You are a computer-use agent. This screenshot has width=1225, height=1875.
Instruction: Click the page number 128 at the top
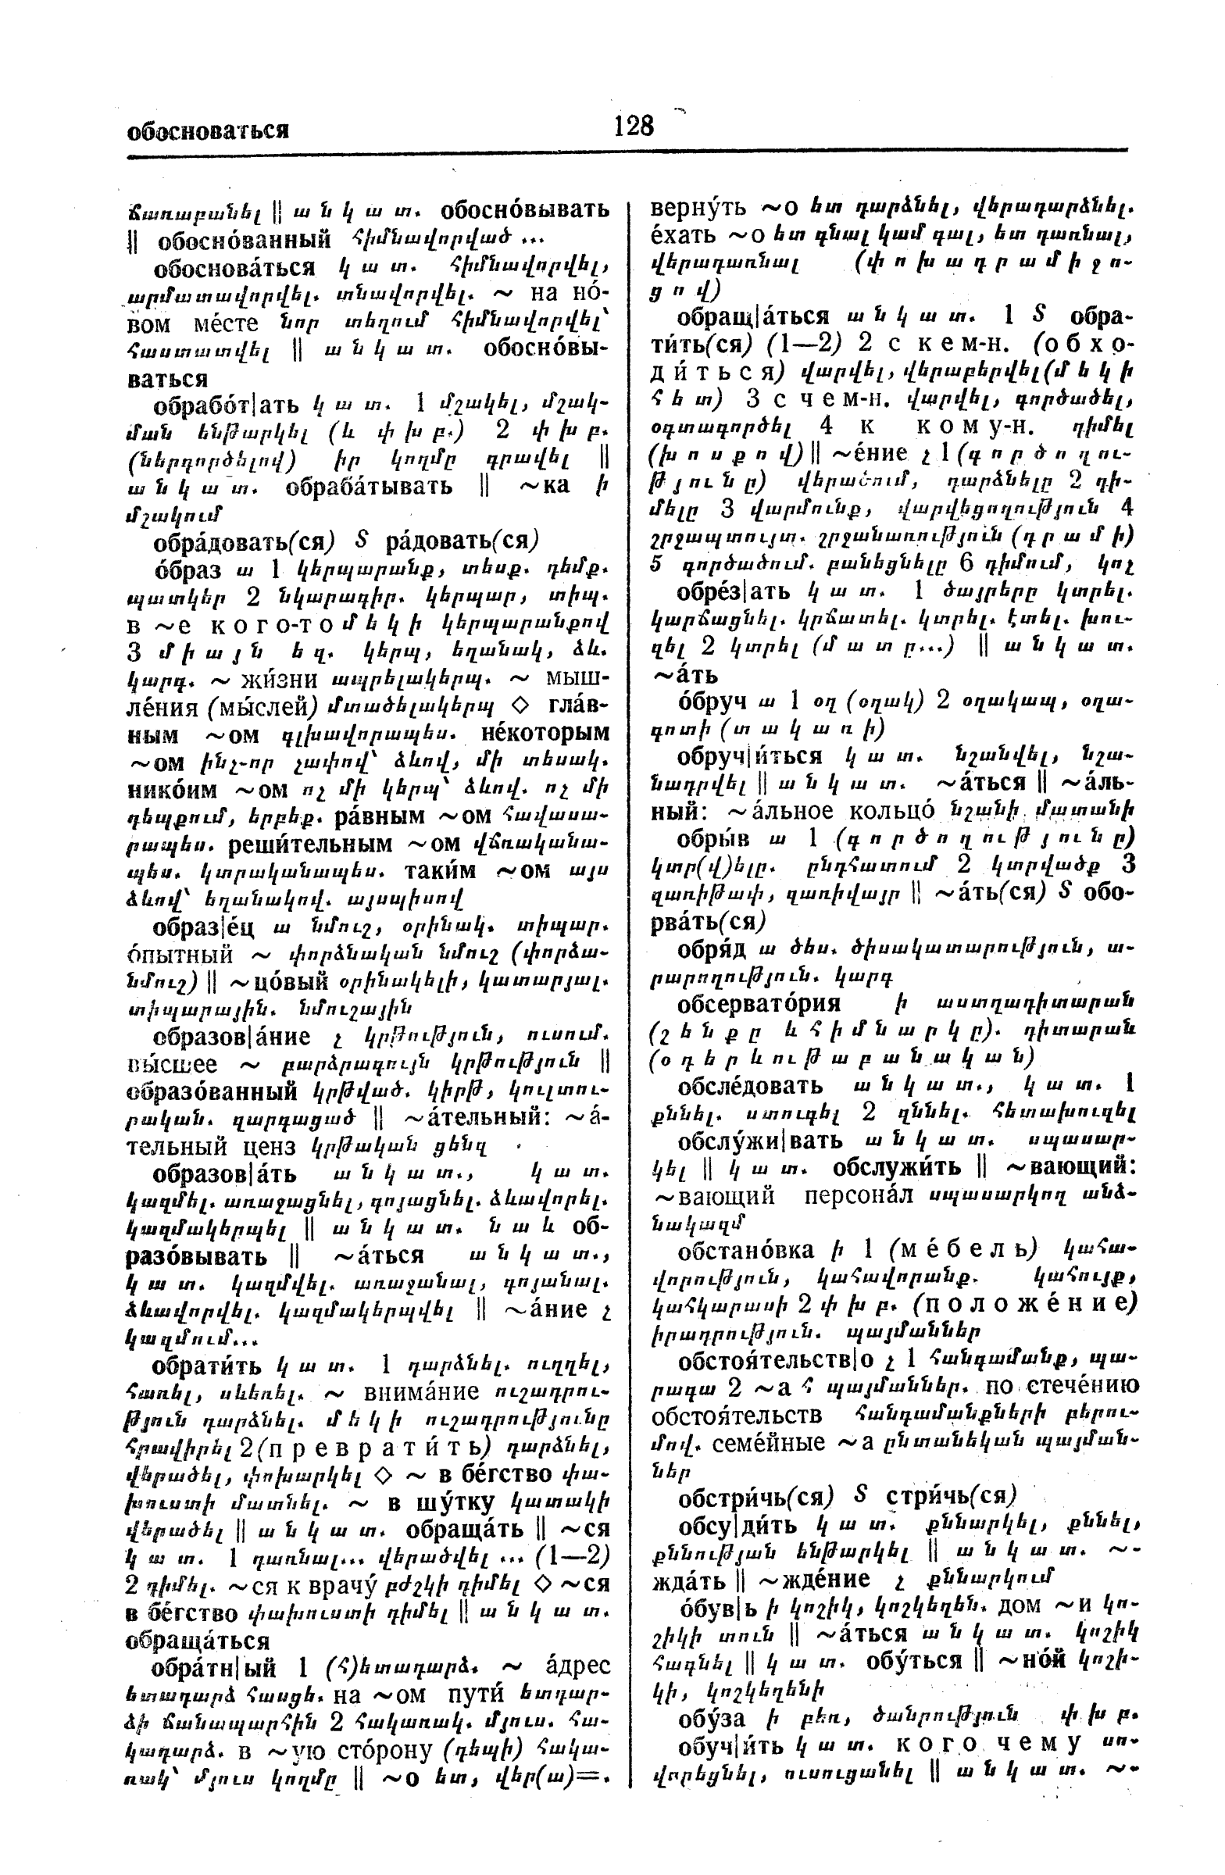tap(634, 125)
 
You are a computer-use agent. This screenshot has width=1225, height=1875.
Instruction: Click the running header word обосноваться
tap(208, 130)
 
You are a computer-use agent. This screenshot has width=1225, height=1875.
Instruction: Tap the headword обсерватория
tap(759, 1003)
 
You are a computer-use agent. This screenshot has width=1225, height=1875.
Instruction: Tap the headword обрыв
tap(712, 837)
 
